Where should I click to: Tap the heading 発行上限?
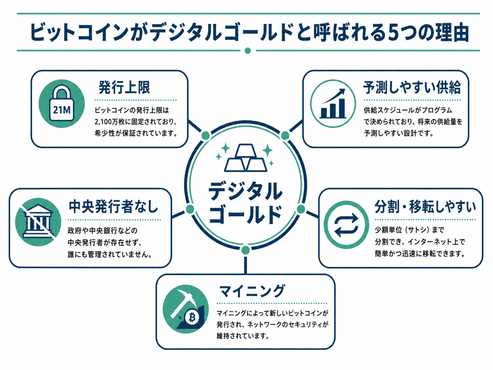coord(124,87)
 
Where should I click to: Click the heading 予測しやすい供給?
coord(412,87)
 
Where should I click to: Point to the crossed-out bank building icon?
coord(38,221)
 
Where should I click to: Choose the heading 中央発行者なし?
coord(113,207)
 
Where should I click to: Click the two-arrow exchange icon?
coord(346,225)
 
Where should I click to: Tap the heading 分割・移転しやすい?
coord(425,207)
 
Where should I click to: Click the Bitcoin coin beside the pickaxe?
coord(192,318)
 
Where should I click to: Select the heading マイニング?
coord(252,291)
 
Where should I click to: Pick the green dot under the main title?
coord(248,50)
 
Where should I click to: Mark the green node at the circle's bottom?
coord(245,250)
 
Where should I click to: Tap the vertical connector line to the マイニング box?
coord(245,265)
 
